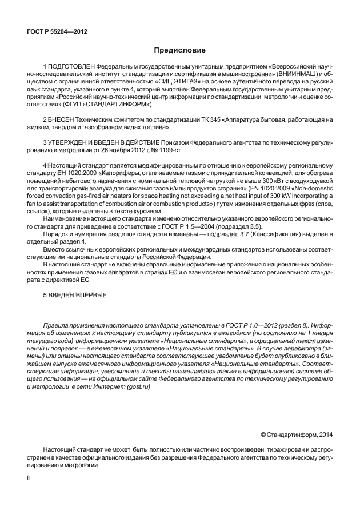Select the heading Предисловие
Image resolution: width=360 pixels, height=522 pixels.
pos(179,51)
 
